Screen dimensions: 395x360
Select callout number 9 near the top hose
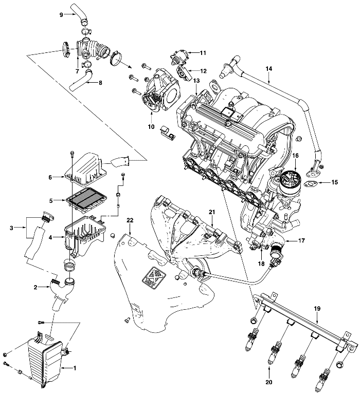62,14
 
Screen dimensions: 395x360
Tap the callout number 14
268,68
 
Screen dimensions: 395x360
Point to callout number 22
130,220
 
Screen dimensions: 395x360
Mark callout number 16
296,155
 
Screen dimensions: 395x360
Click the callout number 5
51,200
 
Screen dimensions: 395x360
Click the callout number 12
203,70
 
